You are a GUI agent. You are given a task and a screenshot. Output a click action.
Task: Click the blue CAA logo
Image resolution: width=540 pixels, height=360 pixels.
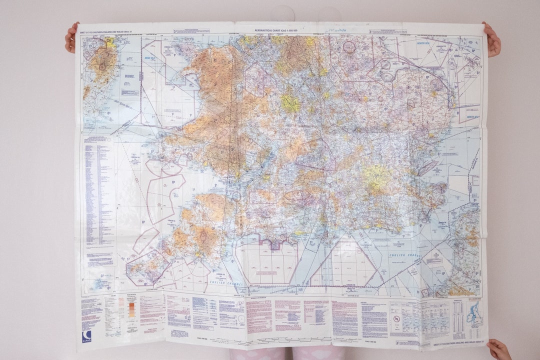pyautogui.click(x=87, y=335)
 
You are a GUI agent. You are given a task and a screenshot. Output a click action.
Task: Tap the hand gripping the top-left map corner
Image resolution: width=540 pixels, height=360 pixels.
pyautogui.click(x=71, y=37)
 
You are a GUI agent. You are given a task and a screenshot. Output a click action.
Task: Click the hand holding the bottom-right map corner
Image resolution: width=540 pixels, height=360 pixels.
pyautogui.click(x=498, y=349)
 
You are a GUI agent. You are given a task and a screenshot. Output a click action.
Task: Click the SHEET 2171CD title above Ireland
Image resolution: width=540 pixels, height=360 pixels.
pyautogui.click(x=102, y=31)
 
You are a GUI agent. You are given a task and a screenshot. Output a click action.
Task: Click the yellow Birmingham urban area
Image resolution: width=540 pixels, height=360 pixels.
pyautogui.click(x=290, y=103)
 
